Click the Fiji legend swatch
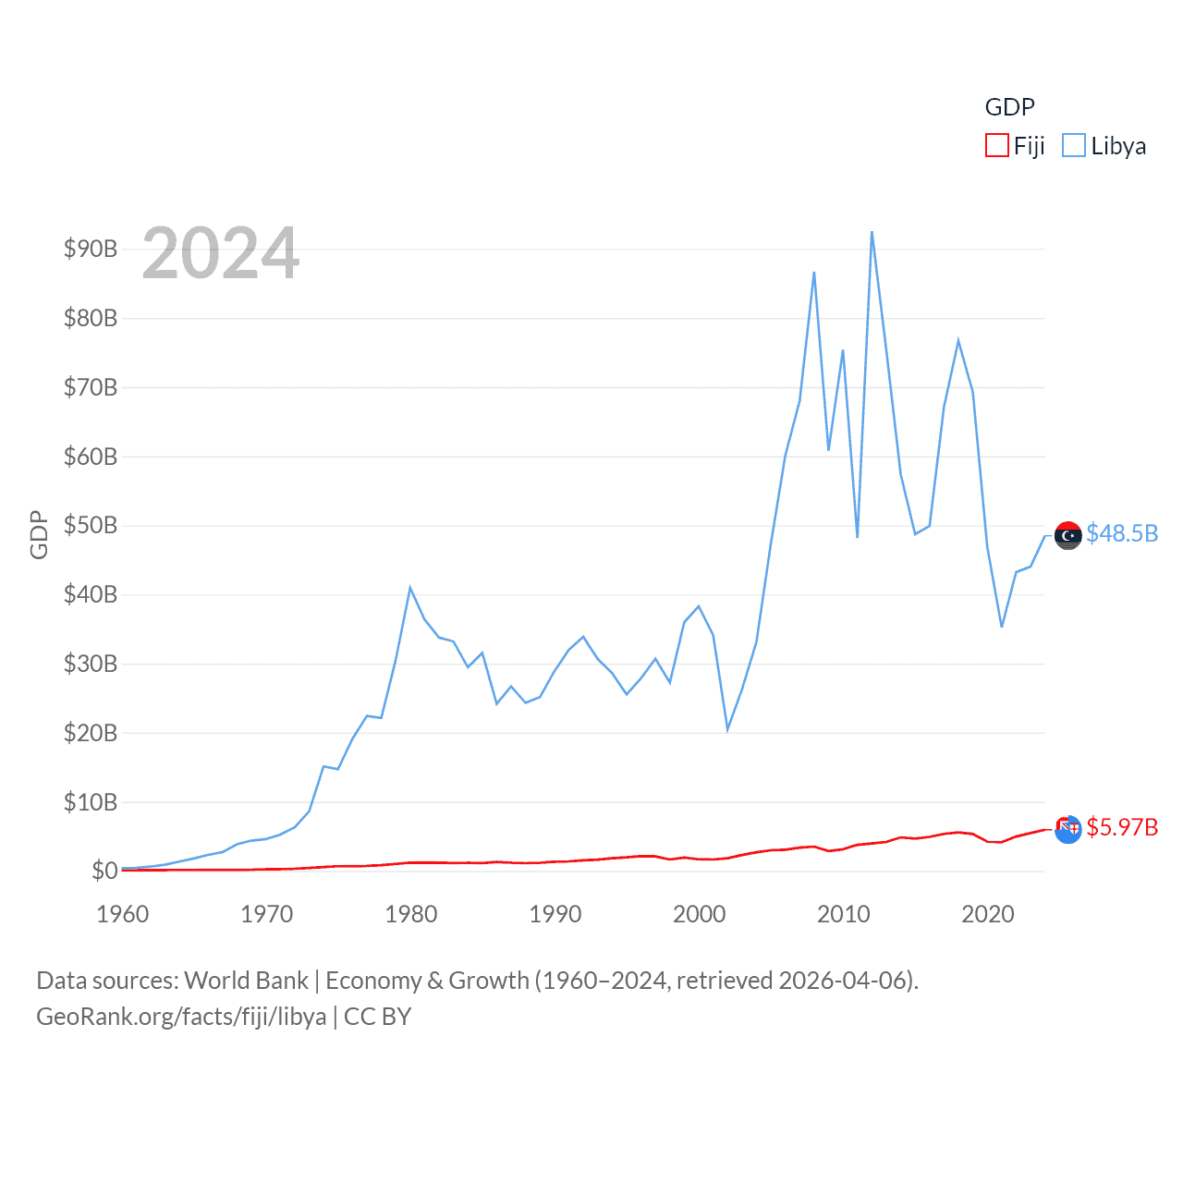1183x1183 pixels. click(996, 146)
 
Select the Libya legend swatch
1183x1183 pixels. click(1073, 146)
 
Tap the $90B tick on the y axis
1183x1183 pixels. click(91, 249)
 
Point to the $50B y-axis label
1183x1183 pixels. click(91, 525)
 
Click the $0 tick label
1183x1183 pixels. click(104, 871)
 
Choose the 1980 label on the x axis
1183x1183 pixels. click(410, 914)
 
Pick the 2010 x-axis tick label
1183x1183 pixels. click(843, 914)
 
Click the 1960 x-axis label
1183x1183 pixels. click(123, 914)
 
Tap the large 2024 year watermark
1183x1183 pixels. click(221, 253)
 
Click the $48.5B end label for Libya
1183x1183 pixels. click(1121, 534)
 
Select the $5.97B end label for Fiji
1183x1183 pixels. click(1121, 827)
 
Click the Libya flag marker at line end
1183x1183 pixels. click(1067, 535)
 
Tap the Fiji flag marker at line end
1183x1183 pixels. click(1067, 829)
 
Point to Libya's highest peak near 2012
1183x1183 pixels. click(872, 232)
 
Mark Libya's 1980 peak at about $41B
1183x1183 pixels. click(409, 588)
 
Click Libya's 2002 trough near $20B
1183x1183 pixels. click(727, 730)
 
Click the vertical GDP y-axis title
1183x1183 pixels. click(39, 534)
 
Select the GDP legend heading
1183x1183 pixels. click(1009, 107)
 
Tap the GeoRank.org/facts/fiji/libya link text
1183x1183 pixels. click(181, 1017)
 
